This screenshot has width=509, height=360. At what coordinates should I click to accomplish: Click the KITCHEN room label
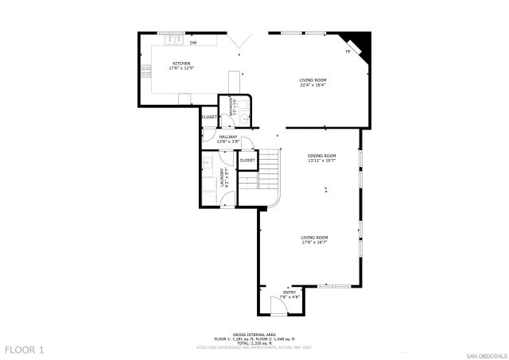point(181,64)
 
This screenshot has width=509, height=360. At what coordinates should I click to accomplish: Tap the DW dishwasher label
point(193,42)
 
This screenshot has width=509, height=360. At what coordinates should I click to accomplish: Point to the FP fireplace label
point(348,52)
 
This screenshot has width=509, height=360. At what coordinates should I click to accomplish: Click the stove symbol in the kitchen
point(146,71)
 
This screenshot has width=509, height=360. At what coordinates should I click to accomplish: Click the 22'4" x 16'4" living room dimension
point(313,85)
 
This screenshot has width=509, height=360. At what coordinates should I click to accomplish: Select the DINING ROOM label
point(322,156)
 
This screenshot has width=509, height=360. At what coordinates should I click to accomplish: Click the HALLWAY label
point(217,137)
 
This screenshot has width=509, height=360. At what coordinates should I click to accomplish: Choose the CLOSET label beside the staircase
point(247,161)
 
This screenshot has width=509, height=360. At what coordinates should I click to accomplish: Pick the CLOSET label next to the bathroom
point(209,117)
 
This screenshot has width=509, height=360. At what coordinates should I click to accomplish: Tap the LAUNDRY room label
point(222,177)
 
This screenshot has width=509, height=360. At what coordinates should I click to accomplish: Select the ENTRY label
point(289,292)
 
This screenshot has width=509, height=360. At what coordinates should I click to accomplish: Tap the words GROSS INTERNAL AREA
point(253,334)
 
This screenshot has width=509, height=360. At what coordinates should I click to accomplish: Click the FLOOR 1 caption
point(25,350)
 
